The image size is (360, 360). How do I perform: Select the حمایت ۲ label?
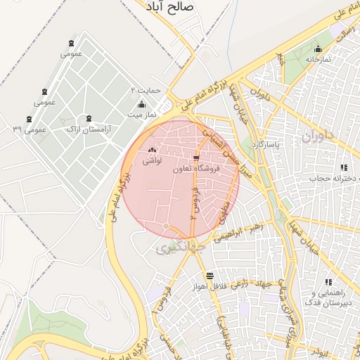tap(148, 91)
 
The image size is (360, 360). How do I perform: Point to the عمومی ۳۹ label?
tap(30, 130)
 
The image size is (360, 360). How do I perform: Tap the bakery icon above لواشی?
tap(153, 150)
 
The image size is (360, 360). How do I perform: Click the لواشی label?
tap(153, 161)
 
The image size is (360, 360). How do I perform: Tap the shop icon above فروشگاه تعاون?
tap(196, 158)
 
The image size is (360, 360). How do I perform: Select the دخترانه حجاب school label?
tap(325, 179)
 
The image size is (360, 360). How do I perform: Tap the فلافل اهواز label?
tap(210, 287)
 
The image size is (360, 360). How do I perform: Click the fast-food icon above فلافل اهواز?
tap(210, 276)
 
